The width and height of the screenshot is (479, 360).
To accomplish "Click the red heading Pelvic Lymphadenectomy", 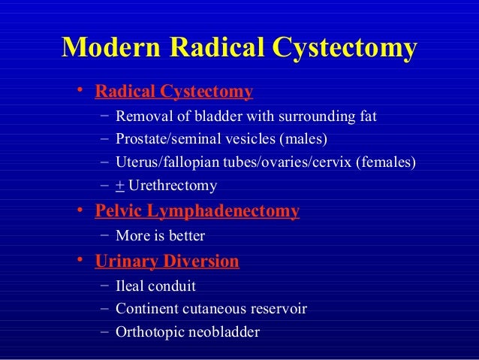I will click(197, 211).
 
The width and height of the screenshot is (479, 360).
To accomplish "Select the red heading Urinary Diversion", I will click(167, 262).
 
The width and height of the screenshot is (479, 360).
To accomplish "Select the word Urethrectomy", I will click(173, 185).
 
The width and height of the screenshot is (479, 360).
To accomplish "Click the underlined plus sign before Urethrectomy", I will click(119, 185).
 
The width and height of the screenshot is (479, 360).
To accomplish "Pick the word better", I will click(186, 235).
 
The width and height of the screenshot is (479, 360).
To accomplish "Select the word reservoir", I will click(279, 309).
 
